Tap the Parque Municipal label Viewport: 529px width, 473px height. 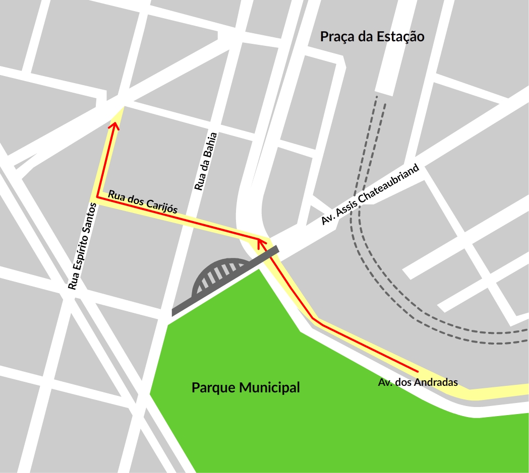(246, 388)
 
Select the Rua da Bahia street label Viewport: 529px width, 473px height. (207, 161)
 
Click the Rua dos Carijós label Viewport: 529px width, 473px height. (143, 201)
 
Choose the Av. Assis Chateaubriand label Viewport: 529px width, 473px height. (371, 195)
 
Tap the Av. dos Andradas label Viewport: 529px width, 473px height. (418, 382)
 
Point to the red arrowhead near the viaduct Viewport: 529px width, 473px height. (261, 243)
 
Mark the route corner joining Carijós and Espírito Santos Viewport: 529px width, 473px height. (97, 198)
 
